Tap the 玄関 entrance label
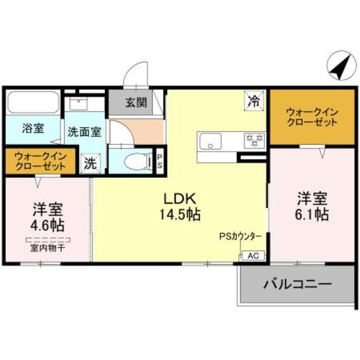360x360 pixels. pyautogui.click(x=136, y=102)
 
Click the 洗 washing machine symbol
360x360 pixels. pyautogui.click(x=90, y=164)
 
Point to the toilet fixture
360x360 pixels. pyautogui.click(x=134, y=161)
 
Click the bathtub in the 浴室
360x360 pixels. pyautogui.click(x=33, y=102)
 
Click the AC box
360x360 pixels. pyautogui.click(x=253, y=256)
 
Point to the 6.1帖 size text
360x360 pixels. pyautogui.click(x=312, y=214)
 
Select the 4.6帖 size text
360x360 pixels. pyautogui.click(x=48, y=226)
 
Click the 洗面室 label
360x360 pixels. pyautogui.click(x=84, y=133)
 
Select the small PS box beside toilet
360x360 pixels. pyautogui.click(x=159, y=161)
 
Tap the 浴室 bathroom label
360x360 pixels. pyautogui.click(x=33, y=129)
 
